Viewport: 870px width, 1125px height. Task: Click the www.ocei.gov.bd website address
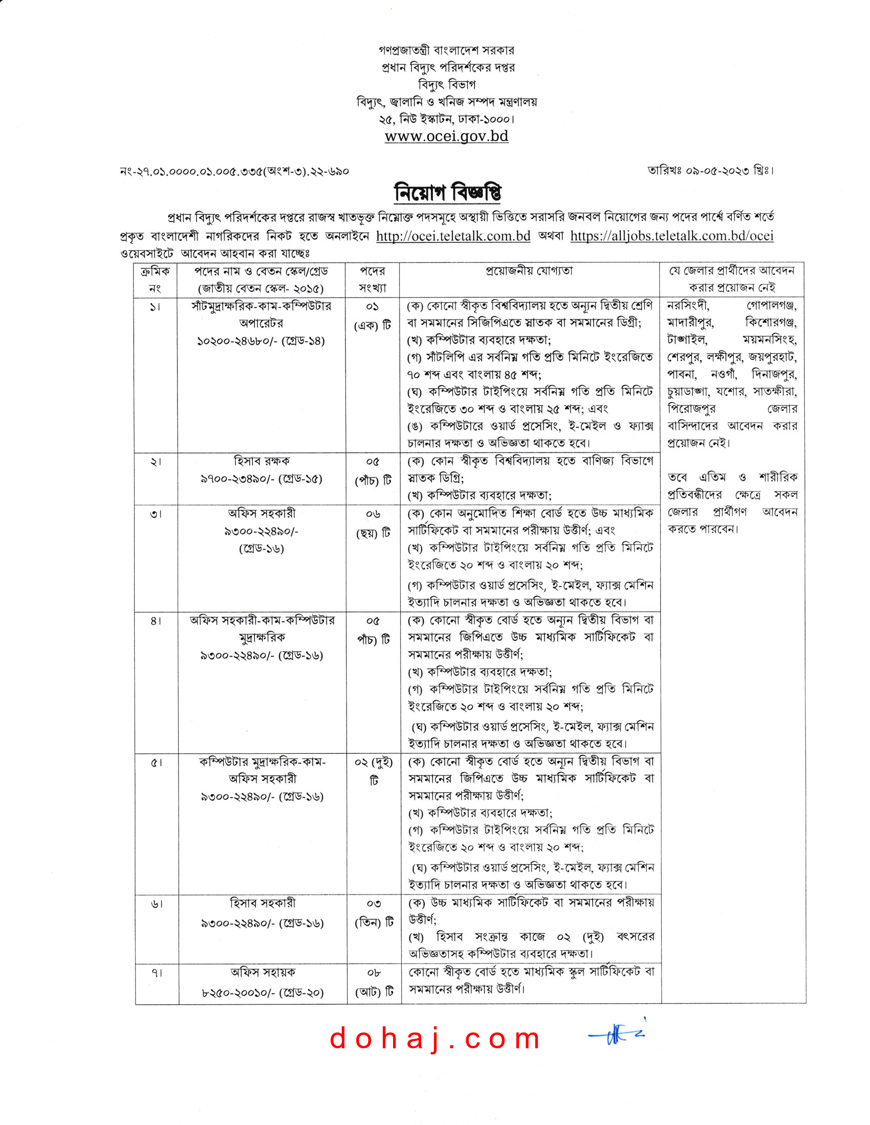(x=446, y=136)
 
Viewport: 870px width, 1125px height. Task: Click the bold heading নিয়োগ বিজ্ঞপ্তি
(x=447, y=193)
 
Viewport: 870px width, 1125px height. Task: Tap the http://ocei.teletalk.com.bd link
(x=453, y=236)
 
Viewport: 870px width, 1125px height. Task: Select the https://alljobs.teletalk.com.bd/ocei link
(x=671, y=236)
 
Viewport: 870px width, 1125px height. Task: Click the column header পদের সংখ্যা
(x=372, y=279)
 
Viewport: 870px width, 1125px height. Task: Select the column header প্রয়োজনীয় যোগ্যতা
(x=529, y=271)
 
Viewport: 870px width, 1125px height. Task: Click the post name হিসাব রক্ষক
(x=262, y=461)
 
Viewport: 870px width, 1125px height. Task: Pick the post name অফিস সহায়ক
(x=263, y=972)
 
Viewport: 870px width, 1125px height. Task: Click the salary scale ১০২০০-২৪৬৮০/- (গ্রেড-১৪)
(x=261, y=341)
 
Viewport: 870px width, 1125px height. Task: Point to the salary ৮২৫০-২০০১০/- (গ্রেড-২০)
(x=263, y=993)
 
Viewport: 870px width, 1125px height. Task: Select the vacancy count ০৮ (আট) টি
(x=374, y=982)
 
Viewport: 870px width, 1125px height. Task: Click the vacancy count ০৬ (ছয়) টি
(x=373, y=523)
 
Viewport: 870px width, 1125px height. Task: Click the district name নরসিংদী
(x=688, y=305)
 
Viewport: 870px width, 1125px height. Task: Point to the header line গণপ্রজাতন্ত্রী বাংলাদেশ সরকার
(x=446, y=51)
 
